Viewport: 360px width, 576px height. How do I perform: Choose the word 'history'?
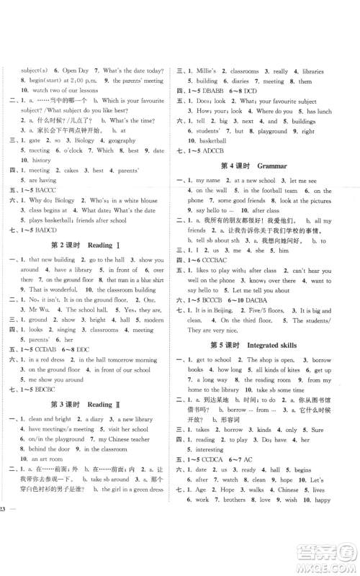pyautogui.click(x=41, y=161)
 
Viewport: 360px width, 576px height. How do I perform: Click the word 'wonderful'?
pyautogui.click(x=59, y=299)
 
